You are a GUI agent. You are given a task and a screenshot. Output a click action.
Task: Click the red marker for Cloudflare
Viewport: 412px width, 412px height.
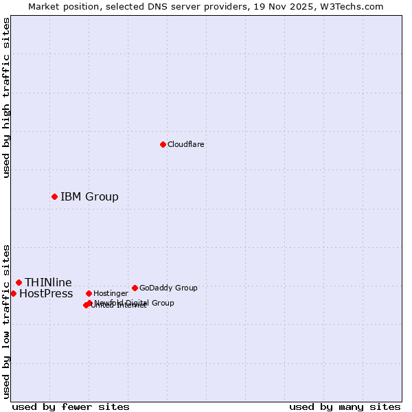tap(163, 144)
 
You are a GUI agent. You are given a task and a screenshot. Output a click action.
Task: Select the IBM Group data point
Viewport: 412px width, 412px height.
tap(54, 197)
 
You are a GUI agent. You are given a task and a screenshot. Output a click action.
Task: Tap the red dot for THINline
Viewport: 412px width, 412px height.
tap(19, 282)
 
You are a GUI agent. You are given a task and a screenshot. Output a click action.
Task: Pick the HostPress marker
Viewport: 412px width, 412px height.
tap(13, 293)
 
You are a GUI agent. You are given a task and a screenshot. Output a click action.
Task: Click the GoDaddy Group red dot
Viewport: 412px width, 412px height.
tap(135, 288)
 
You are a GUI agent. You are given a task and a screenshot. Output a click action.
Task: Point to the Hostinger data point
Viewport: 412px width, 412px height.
tap(89, 293)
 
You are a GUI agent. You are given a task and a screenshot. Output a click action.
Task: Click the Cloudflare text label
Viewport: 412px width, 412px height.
tap(185, 144)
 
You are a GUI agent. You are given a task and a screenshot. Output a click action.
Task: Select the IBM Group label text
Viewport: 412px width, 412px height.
tap(89, 197)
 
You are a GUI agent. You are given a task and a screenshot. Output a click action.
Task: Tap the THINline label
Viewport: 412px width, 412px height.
tap(48, 282)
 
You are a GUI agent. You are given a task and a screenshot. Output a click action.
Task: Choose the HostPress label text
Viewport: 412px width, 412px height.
tap(46, 294)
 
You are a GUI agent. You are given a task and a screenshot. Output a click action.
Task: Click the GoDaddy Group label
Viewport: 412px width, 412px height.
tap(168, 288)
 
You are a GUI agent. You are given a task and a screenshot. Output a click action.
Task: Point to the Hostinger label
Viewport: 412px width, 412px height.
tap(111, 293)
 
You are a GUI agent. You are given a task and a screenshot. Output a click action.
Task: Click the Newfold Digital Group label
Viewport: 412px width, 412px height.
tap(135, 302)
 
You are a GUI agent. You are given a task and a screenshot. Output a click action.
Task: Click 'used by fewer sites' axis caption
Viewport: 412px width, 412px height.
tap(71, 407)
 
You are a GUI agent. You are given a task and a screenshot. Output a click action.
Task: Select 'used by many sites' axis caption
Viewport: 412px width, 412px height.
tap(345, 407)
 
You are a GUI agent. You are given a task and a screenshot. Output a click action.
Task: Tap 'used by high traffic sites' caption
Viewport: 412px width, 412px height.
tap(6, 98)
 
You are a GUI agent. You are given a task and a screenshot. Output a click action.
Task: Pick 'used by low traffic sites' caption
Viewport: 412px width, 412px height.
tap(6, 321)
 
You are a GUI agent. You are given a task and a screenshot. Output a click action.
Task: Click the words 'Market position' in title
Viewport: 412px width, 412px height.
tap(60, 6)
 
